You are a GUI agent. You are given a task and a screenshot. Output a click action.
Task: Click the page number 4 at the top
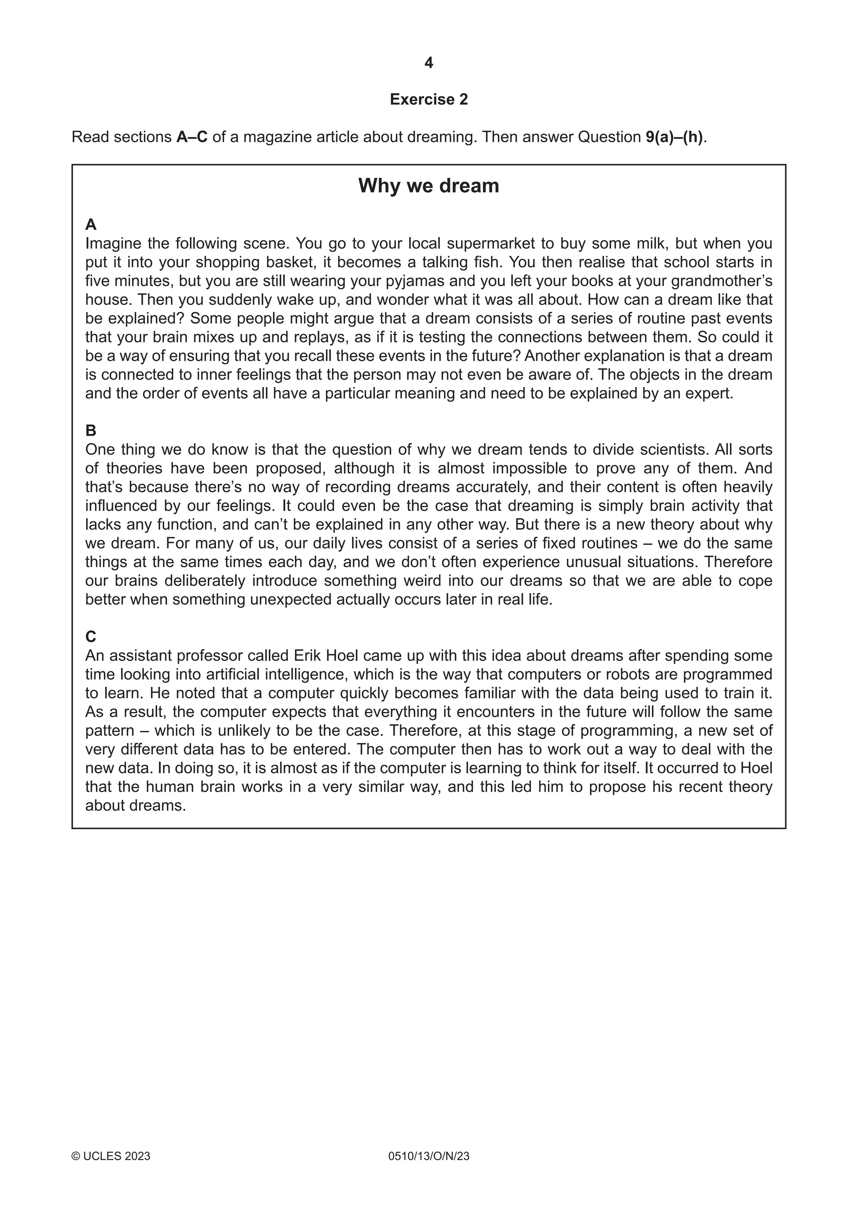coord(429,63)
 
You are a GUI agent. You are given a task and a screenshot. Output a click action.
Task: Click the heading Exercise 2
coord(429,99)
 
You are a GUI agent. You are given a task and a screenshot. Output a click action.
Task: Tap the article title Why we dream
coord(429,186)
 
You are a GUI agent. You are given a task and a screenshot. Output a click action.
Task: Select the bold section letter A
coord(91,225)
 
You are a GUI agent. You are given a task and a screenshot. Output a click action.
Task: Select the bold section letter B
coord(91,431)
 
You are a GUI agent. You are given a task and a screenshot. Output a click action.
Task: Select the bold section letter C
coord(91,637)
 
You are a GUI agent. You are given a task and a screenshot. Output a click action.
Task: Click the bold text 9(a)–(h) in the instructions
coord(675,137)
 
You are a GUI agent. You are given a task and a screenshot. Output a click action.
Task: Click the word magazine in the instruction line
coord(275,137)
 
